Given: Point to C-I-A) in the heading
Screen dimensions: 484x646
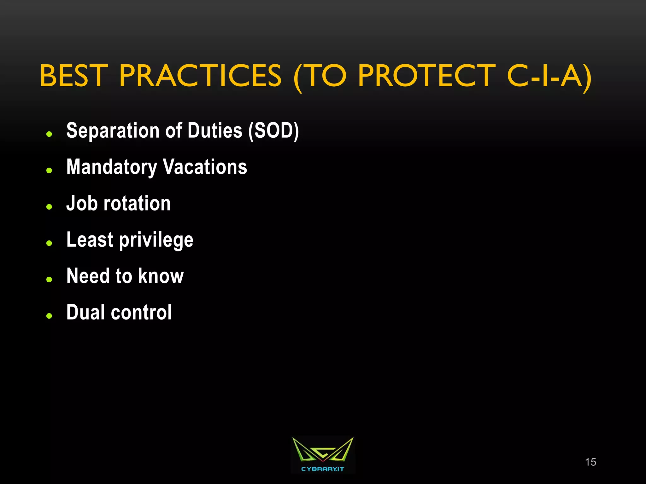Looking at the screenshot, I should [549, 76].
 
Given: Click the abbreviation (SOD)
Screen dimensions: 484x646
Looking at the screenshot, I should [273, 131].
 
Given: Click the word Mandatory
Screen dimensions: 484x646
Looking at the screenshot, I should [112, 167].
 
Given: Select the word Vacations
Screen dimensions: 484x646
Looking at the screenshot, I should [205, 167].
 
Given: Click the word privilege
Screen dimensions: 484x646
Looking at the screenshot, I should [156, 240].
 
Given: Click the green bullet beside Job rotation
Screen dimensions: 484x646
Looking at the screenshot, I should [49, 207].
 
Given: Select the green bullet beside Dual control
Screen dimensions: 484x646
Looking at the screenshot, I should [49, 316].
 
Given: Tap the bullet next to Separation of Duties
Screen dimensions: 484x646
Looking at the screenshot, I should [49, 134].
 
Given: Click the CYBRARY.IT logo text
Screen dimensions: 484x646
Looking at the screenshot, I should [322, 469].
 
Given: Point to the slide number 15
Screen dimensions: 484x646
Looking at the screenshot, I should [590, 462].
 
